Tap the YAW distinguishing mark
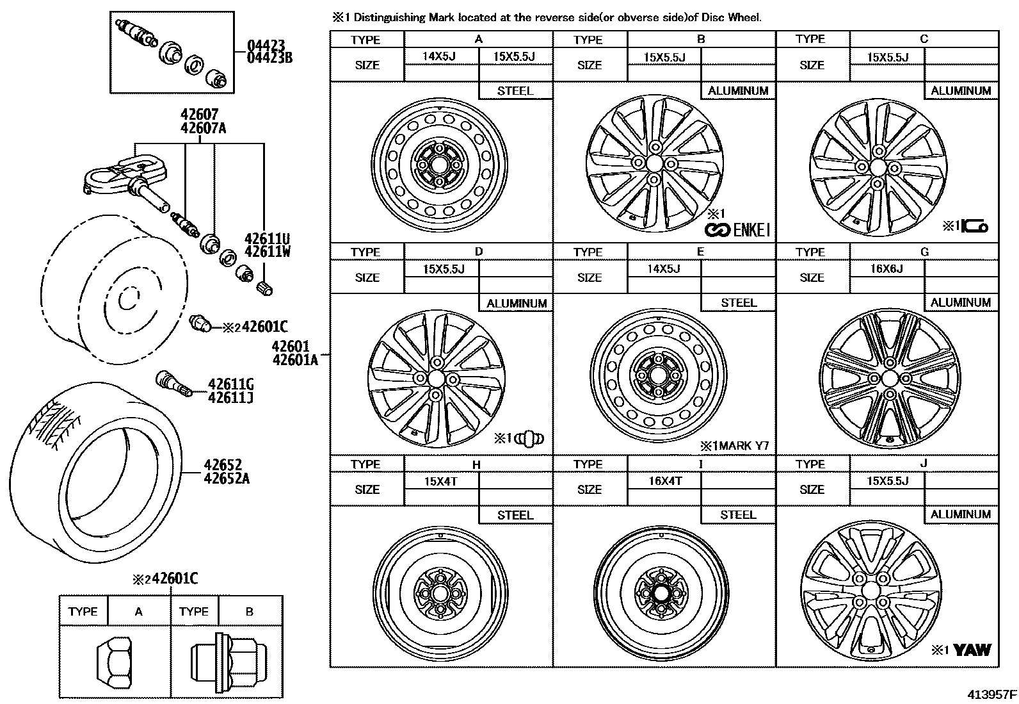(972, 650)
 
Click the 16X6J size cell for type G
(887, 268)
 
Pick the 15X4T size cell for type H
(441, 480)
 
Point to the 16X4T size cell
(665, 480)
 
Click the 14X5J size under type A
(439, 56)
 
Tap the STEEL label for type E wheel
(738, 302)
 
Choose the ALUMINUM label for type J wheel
(961, 514)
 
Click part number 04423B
(269, 58)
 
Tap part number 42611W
(268, 252)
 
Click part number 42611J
(230, 397)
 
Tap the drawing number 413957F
(991, 694)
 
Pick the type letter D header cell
(478, 252)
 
